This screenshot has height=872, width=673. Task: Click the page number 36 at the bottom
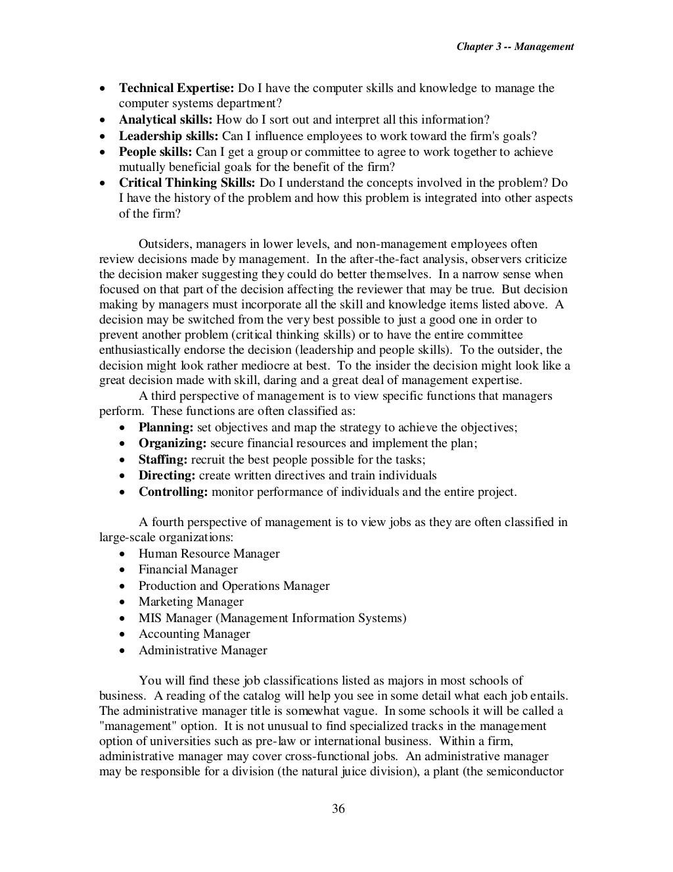(338, 809)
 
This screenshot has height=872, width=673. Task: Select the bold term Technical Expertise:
(176, 88)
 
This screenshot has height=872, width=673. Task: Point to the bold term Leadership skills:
(168, 136)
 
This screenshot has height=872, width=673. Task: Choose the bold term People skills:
(156, 152)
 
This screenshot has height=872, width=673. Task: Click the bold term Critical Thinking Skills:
(187, 183)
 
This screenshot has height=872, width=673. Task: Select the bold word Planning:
(166, 427)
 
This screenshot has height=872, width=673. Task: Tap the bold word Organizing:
(172, 443)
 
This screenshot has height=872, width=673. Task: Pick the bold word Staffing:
(163, 460)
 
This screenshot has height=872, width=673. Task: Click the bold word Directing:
(167, 475)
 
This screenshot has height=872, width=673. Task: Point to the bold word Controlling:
(173, 492)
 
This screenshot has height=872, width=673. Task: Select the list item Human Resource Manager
(209, 554)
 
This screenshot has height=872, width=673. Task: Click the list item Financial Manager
(188, 569)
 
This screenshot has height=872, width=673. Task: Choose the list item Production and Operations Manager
(234, 586)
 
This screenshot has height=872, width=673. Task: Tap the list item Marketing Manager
(191, 602)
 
